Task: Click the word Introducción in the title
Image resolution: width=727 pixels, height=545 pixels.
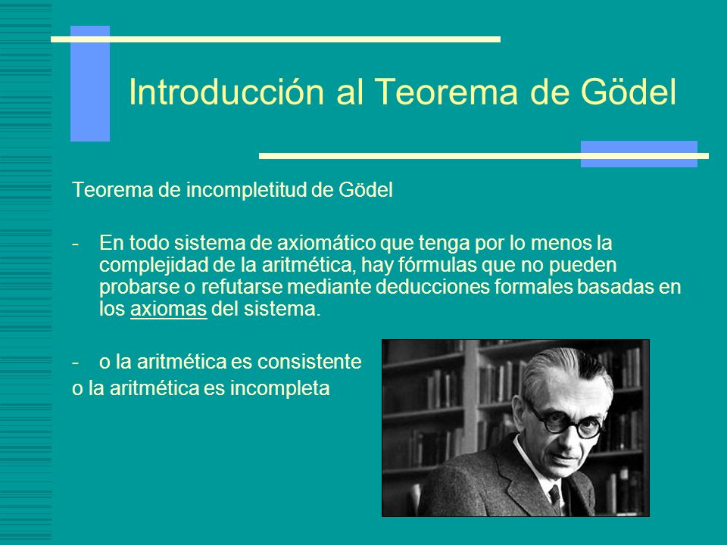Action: click(226, 92)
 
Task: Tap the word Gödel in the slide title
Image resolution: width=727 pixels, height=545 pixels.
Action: click(629, 92)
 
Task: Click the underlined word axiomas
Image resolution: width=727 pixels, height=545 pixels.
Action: click(168, 309)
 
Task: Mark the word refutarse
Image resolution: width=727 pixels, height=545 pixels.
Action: click(242, 286)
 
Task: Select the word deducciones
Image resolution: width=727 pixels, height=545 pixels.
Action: click(432, 286)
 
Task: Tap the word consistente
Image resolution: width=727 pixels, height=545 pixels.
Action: click(309, 362)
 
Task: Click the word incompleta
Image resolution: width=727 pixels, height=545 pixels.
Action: click(279, 388)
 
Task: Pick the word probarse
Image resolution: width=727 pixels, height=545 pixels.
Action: click(139, 287)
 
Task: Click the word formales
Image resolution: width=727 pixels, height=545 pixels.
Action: click(533, 286)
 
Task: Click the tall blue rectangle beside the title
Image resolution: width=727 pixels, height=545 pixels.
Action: click(90, 83)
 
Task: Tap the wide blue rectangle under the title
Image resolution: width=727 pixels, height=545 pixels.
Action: click(639, 154)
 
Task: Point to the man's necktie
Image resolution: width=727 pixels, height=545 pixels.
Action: click(555, 498)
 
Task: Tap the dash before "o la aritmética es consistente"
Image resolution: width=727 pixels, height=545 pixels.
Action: click(75, 363)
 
